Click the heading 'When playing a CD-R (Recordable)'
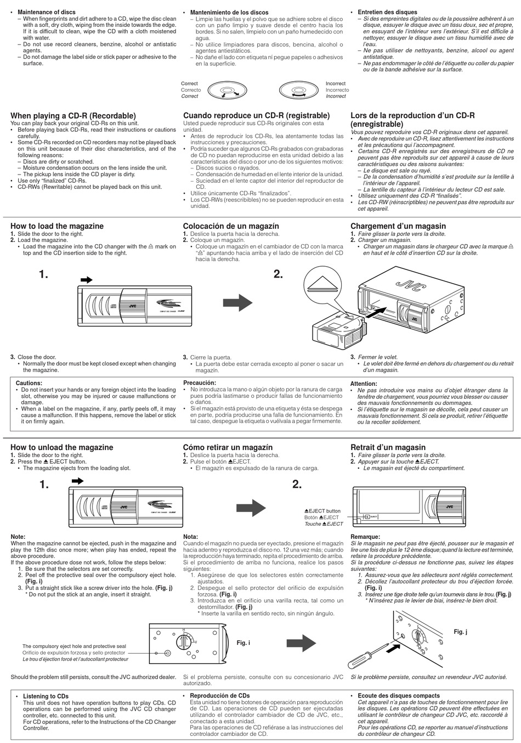click(73, 116)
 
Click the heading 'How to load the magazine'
click(57, 226)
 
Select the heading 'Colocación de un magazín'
click(231, 226)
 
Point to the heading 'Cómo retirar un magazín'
click(228, 447)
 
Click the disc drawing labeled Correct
click(226, 90)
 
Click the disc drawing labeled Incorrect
click(299, 90)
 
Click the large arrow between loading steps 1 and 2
click(237, 302)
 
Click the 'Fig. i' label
click(243, 643)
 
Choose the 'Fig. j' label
click(460, 632)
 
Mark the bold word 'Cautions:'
click(29, 383)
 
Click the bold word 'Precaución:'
click(200, 382)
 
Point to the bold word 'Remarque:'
click(365, 537)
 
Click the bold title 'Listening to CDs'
click(46, 696)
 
